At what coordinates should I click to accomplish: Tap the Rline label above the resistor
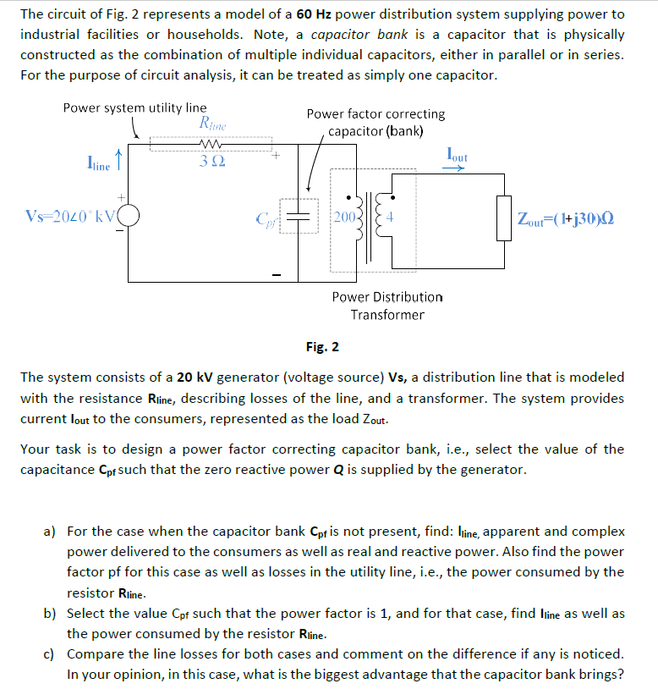[211, 124]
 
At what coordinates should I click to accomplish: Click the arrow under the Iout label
[454, 168]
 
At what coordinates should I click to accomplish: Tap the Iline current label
[98, 164]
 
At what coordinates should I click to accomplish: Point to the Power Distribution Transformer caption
[387, 306]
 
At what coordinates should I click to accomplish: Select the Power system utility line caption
[134, 107]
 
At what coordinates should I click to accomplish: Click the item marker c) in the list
[50, 653]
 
